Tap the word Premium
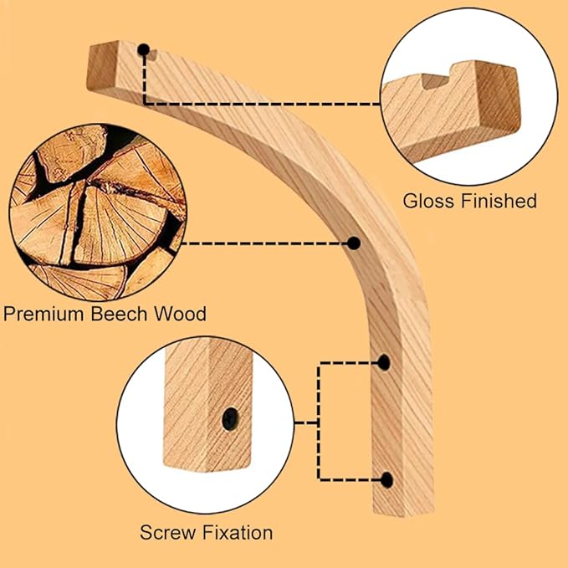coord(44,314)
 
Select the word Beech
coord(119,314)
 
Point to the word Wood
coord(180,314)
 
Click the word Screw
coord(167,533)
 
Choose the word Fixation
coord(238,533)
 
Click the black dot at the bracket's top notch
coord(144,49)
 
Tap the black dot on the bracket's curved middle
coord(354,243)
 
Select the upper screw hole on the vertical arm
coord(384,362)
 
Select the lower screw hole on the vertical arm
coord(386,480)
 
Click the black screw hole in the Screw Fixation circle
coord(230,419)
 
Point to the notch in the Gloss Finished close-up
coord(436,81)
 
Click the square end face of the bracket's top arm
coord(102,64)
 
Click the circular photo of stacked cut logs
coord(98,212)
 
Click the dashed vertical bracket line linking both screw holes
coord(319,422)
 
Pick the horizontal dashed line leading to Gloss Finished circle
coord(262,104)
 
